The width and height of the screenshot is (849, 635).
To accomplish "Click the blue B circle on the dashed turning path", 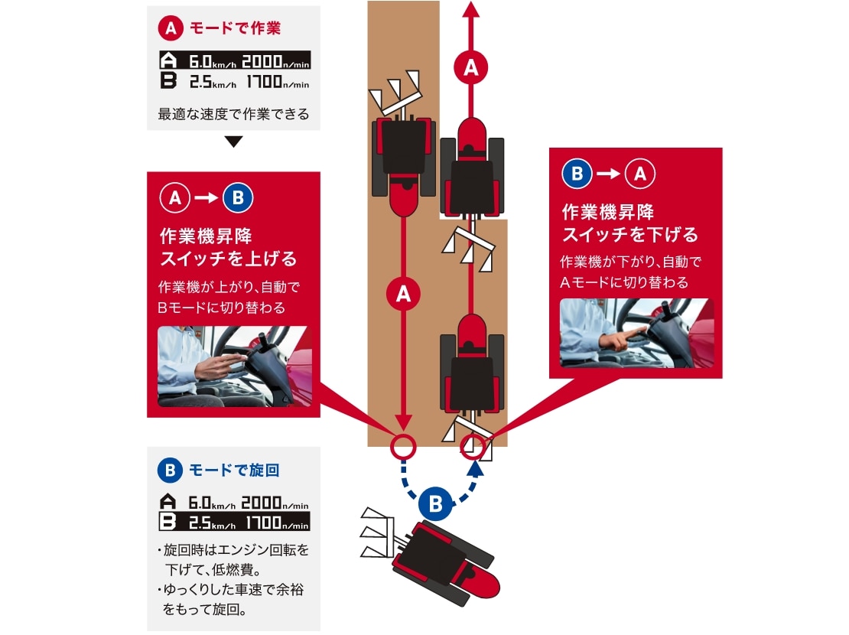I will pos(435,504).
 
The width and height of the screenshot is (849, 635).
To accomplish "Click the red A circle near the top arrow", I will pos(471,68).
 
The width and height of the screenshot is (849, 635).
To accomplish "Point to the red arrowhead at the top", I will pos(471,9).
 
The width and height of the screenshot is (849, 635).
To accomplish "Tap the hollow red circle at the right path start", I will pos(474,445).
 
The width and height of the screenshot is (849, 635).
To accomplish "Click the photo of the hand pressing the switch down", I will pos(636,333).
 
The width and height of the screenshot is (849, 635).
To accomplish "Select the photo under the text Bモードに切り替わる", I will pos(233,366).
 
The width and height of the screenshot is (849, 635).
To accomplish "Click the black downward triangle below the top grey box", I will pos(234,142).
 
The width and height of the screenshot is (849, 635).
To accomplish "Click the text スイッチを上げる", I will pos(227,258).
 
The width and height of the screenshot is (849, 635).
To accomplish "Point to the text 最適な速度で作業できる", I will pos(233,115).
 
